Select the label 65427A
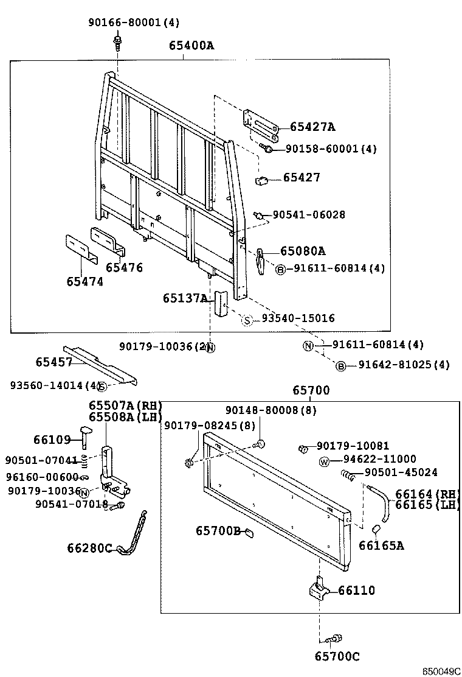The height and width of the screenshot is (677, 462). pyautogui.click(x=312, y=127)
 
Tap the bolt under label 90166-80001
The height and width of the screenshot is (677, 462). pyautogui.click(x=117, y=43)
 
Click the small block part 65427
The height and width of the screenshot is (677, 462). pyautogui.click(x=262, y=180)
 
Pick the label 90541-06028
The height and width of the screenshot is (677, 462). pyautogui.click(x=308, y=214)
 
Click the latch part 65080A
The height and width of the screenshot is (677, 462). pyautogui.click(x=260, y=260)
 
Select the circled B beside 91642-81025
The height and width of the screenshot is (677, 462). pyautogui.click(x=341, y=365)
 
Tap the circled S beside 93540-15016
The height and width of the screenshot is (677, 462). pyautogui.click(x=247, y=320)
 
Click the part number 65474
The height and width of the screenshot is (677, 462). pyautogui.click(x=84, y=281)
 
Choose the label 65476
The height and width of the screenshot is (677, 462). pyautogui.click(x=124, y=267)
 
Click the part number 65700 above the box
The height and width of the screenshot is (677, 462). pyautogui.click(x=311, y=390)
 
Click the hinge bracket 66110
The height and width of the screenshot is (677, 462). pyautogui.click(x=319, y=590)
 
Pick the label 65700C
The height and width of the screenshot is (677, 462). pyautogui.click(x=337, y=656)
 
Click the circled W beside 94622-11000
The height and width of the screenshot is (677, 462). pyautogui.click(x=324, y=461)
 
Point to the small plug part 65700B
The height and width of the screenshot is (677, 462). pyautogui.click(x=249, y=533)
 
